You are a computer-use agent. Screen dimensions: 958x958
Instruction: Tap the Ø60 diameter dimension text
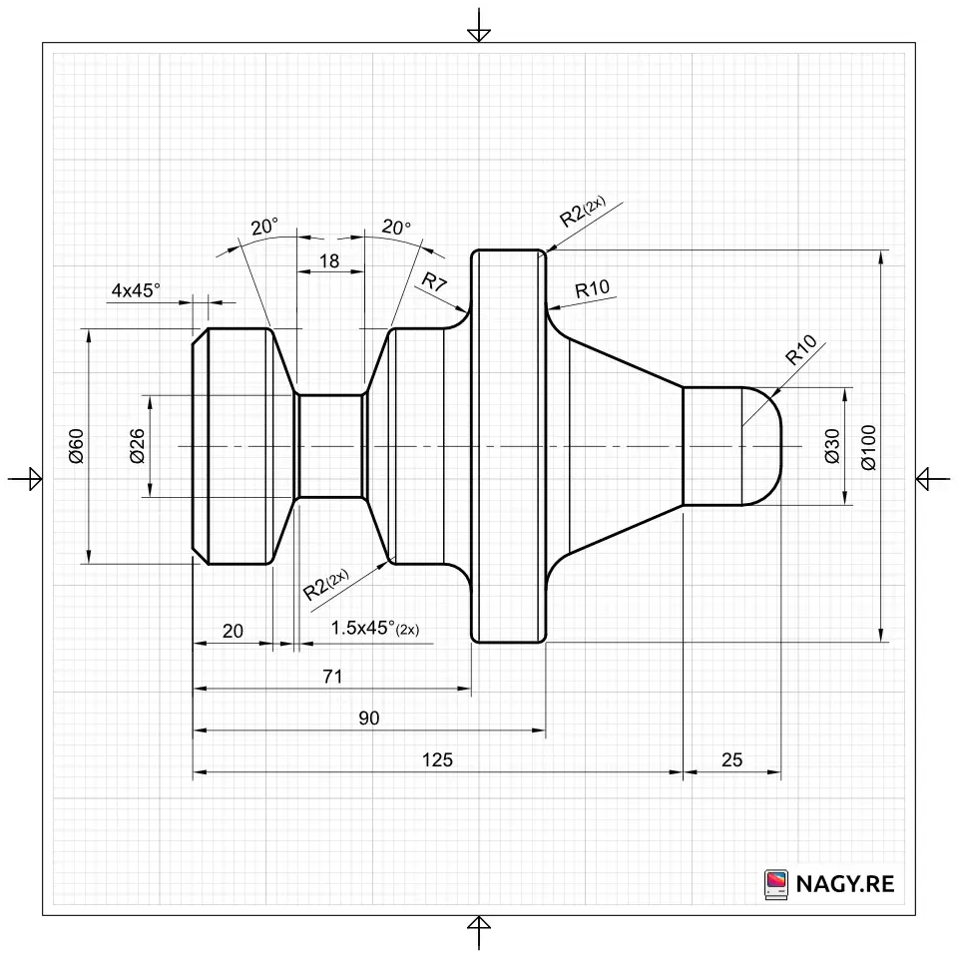pos(76,445)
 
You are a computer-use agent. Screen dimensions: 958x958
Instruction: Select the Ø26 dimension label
pos(137,445)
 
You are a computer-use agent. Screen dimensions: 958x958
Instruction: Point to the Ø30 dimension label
pos(832,445)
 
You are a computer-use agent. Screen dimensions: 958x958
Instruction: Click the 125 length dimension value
pos(437,759)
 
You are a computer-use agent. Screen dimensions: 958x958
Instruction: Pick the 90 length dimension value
pos(368,718)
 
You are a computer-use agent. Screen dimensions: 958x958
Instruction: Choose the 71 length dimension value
pos(332,677)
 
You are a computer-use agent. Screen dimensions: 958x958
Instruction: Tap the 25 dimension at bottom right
pos(731,759)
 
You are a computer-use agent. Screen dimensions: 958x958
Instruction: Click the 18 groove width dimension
pos(328,261)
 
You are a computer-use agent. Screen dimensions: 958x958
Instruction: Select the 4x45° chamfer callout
pos(136,290)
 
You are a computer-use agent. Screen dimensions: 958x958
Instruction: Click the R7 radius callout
pos(434,282)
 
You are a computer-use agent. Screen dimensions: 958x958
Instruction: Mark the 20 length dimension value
pos(233,631)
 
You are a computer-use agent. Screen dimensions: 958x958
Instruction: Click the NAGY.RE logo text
pos(844,883)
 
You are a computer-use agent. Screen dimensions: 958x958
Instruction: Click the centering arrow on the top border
pos(479,30)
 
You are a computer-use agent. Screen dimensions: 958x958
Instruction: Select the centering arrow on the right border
pos(928,479)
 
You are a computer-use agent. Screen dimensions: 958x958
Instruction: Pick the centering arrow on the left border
pos(28,479)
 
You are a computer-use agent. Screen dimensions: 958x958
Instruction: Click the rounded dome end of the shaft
pos(763,446)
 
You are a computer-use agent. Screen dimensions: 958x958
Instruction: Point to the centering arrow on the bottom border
pos(479,928)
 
